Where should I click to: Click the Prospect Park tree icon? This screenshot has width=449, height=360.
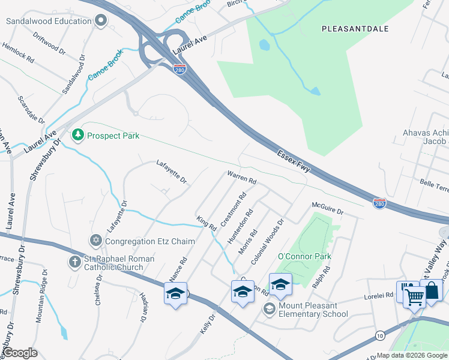point(77,136)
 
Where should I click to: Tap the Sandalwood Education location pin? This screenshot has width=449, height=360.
point(101,21)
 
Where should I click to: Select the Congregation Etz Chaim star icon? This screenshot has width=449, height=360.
point(95,241)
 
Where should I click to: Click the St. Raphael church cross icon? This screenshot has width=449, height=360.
point(74,262)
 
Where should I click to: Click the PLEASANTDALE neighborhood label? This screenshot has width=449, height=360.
point(355,29)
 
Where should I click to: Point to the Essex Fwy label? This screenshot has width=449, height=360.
point(294,160)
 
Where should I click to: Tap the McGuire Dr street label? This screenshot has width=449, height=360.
point(327,209)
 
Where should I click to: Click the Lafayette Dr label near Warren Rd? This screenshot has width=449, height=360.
point(172,171)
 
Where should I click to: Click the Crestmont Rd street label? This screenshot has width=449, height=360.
point(234,209)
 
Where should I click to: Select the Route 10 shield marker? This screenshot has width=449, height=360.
point(380,335)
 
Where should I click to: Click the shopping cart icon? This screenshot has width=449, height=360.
point(414,295)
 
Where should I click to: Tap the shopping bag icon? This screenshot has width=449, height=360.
point(431,291)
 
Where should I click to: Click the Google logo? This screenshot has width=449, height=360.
point(20,353)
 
